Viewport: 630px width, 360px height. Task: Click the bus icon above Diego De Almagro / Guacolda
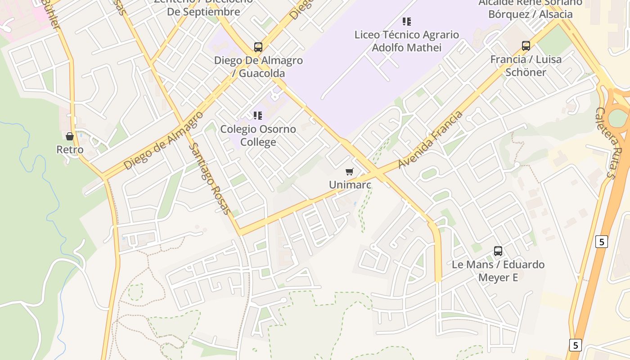[x=258, y=47]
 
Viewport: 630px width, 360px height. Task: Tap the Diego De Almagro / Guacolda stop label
[x=258, y=67]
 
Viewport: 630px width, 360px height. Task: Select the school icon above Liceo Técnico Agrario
[x=407, y=21]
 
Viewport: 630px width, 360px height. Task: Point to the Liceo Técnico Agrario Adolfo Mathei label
[x=407, y=41]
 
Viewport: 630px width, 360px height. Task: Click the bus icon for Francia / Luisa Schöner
[x=526, y=45]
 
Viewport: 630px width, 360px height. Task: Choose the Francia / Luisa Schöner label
[x=526, y=66]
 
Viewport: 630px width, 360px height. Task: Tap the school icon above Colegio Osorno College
[x=258, y=116]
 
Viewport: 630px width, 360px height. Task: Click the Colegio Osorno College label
[x=258, y=135]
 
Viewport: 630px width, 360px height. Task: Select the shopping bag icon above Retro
[x=70, y=136]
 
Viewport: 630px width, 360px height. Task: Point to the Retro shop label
[x=70, y=149]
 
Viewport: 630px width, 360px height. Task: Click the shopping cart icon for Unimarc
[x=350, y=171]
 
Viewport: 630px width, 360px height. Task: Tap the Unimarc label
[x=350, y=184]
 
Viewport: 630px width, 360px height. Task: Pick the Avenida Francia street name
[x=431, y=139]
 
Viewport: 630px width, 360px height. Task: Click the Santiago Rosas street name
[x=210, y=179]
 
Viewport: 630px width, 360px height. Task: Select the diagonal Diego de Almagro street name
[x=163, y=141]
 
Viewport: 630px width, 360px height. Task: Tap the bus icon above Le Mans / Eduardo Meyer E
[x=498, y=251]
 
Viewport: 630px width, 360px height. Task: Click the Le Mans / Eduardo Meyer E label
[x=498, y=270]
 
